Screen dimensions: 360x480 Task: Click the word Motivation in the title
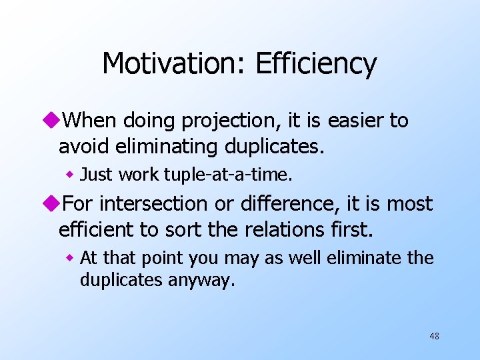(x=172, y=64)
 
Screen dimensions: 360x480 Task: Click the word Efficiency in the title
(x=316, y=64)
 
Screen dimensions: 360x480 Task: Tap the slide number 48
(x=434, y=336)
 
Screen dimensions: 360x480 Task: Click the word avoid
(x=83, y=145)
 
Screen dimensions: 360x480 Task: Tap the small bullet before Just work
(x=69, y=175)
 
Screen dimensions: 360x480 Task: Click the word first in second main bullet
(x=348, y=229)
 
